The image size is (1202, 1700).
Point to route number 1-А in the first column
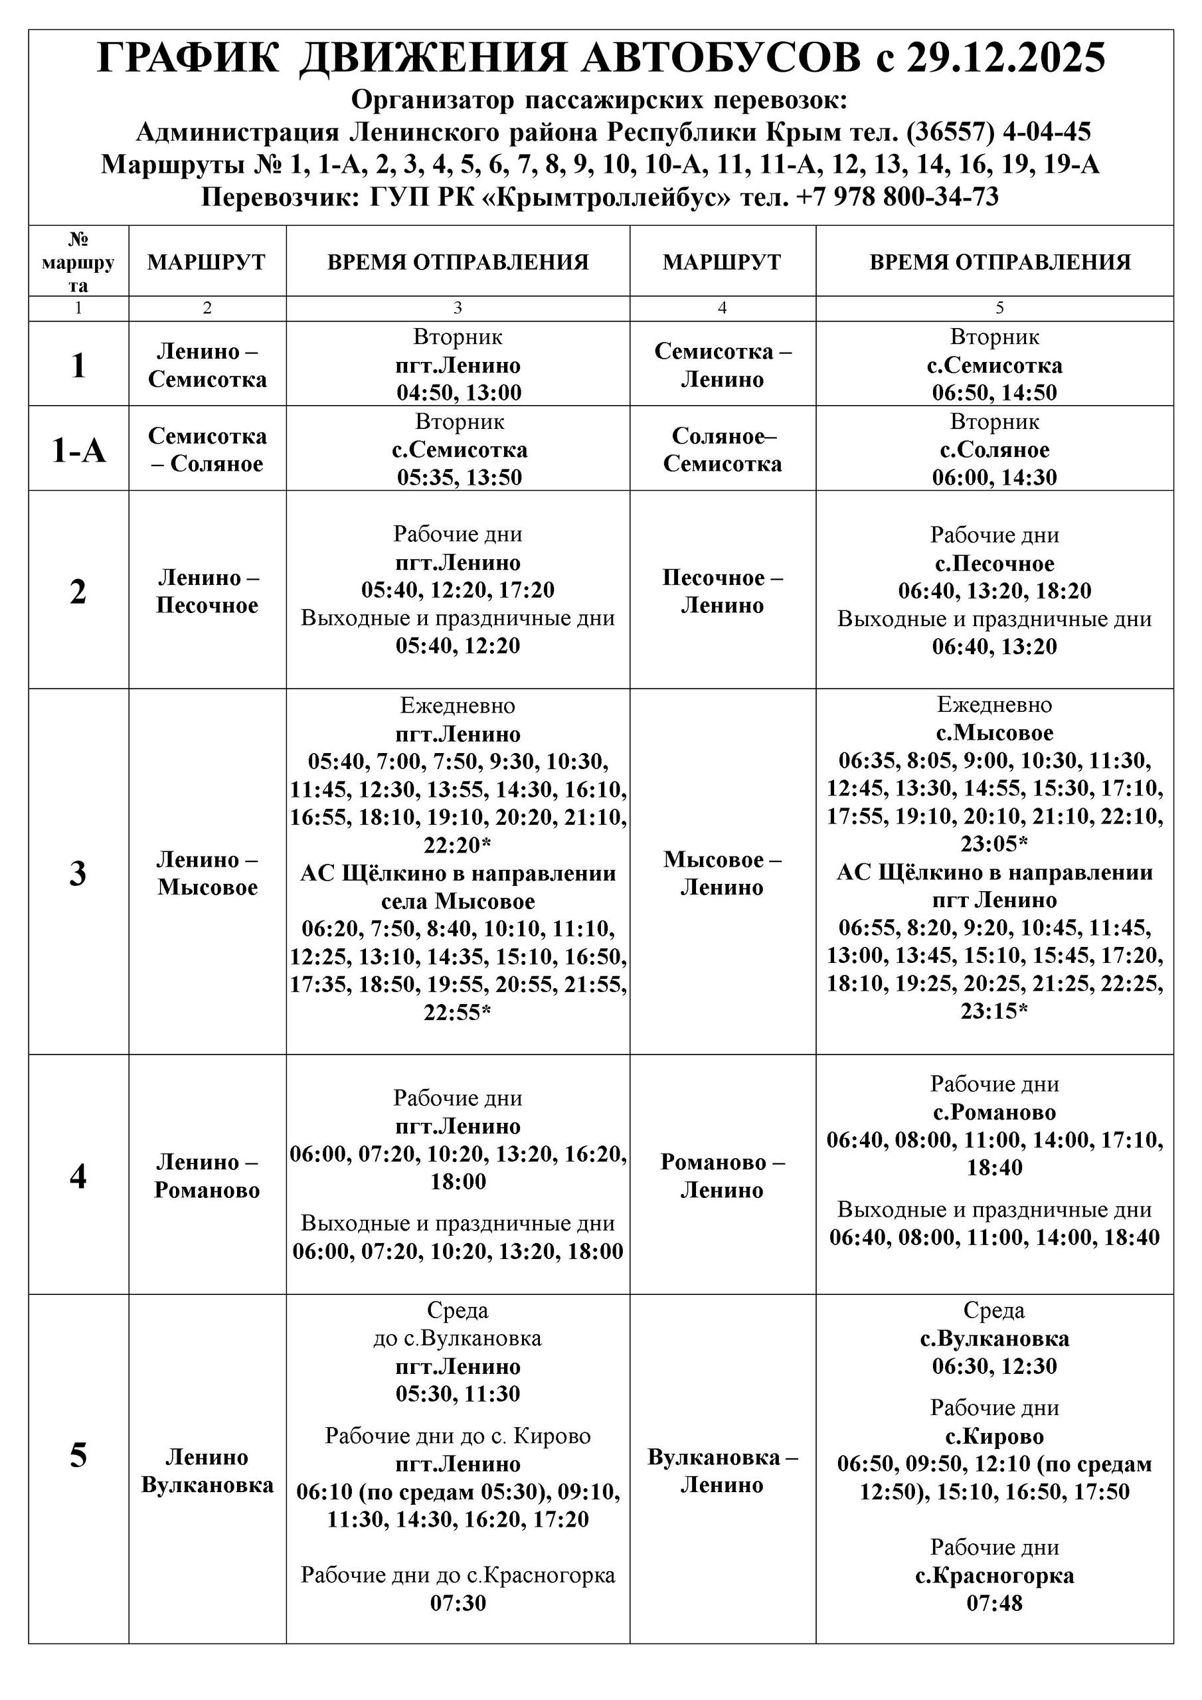point(78,450)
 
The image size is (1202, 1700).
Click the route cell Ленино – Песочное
point(207,591)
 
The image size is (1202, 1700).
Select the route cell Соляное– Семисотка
point(722,450)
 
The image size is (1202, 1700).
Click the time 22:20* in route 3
point(458,845)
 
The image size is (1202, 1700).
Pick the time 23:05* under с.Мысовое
point(994,843)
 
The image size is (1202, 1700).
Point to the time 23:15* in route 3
point(994,1011)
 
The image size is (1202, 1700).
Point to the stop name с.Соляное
point(994,450)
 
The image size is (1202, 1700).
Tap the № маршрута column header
point(78,262)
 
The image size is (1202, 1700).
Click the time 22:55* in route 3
point(458,1012)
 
